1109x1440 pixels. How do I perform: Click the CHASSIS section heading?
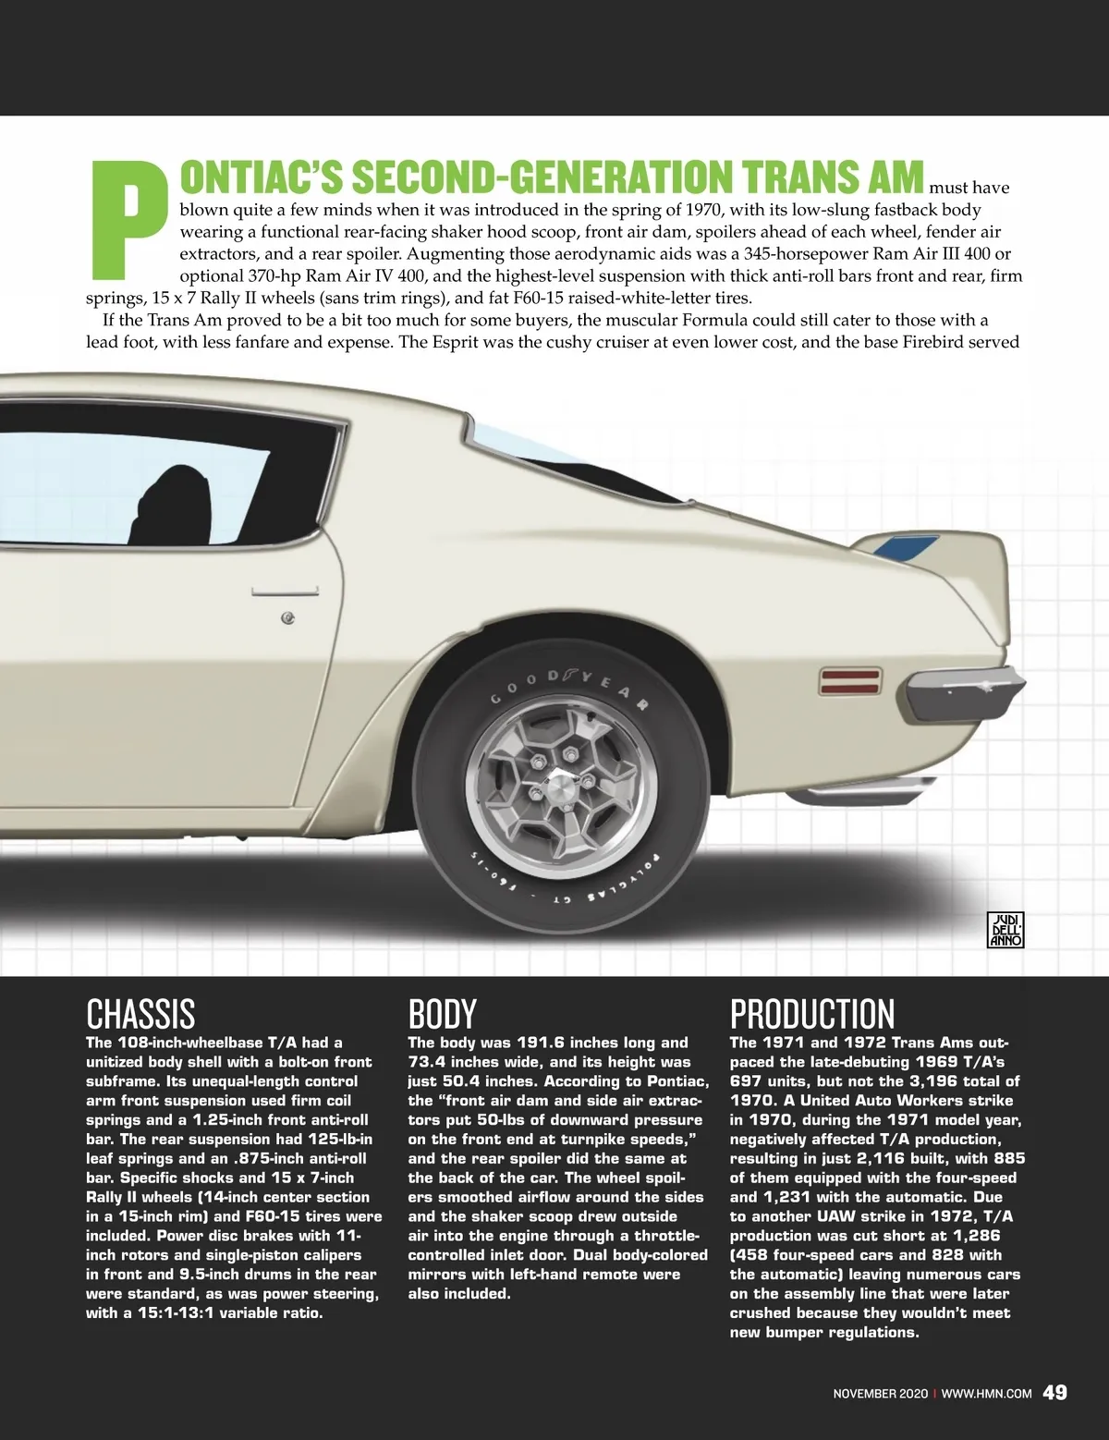(x=140, y=1014)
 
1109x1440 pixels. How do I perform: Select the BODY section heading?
(x=442, y=1014)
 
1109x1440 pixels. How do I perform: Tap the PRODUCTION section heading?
(x=812, y=1014)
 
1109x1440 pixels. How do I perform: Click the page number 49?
(x=1054, y=1392)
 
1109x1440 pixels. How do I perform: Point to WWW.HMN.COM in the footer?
(x=986, y=1394)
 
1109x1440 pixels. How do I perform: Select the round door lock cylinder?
(x=288, y=617)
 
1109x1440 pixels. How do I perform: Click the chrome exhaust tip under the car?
(x=845, y=793)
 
